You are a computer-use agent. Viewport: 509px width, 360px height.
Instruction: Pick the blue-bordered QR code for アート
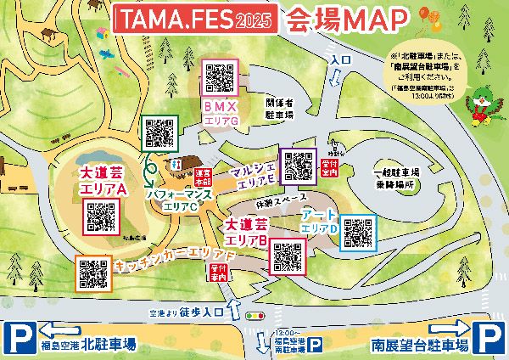[357, 232]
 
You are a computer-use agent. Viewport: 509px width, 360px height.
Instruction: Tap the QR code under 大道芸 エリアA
[101, 218]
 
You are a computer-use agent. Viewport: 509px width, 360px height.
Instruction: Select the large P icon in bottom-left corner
[18, 340]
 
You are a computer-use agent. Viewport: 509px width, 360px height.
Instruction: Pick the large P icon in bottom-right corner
[490, 340]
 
